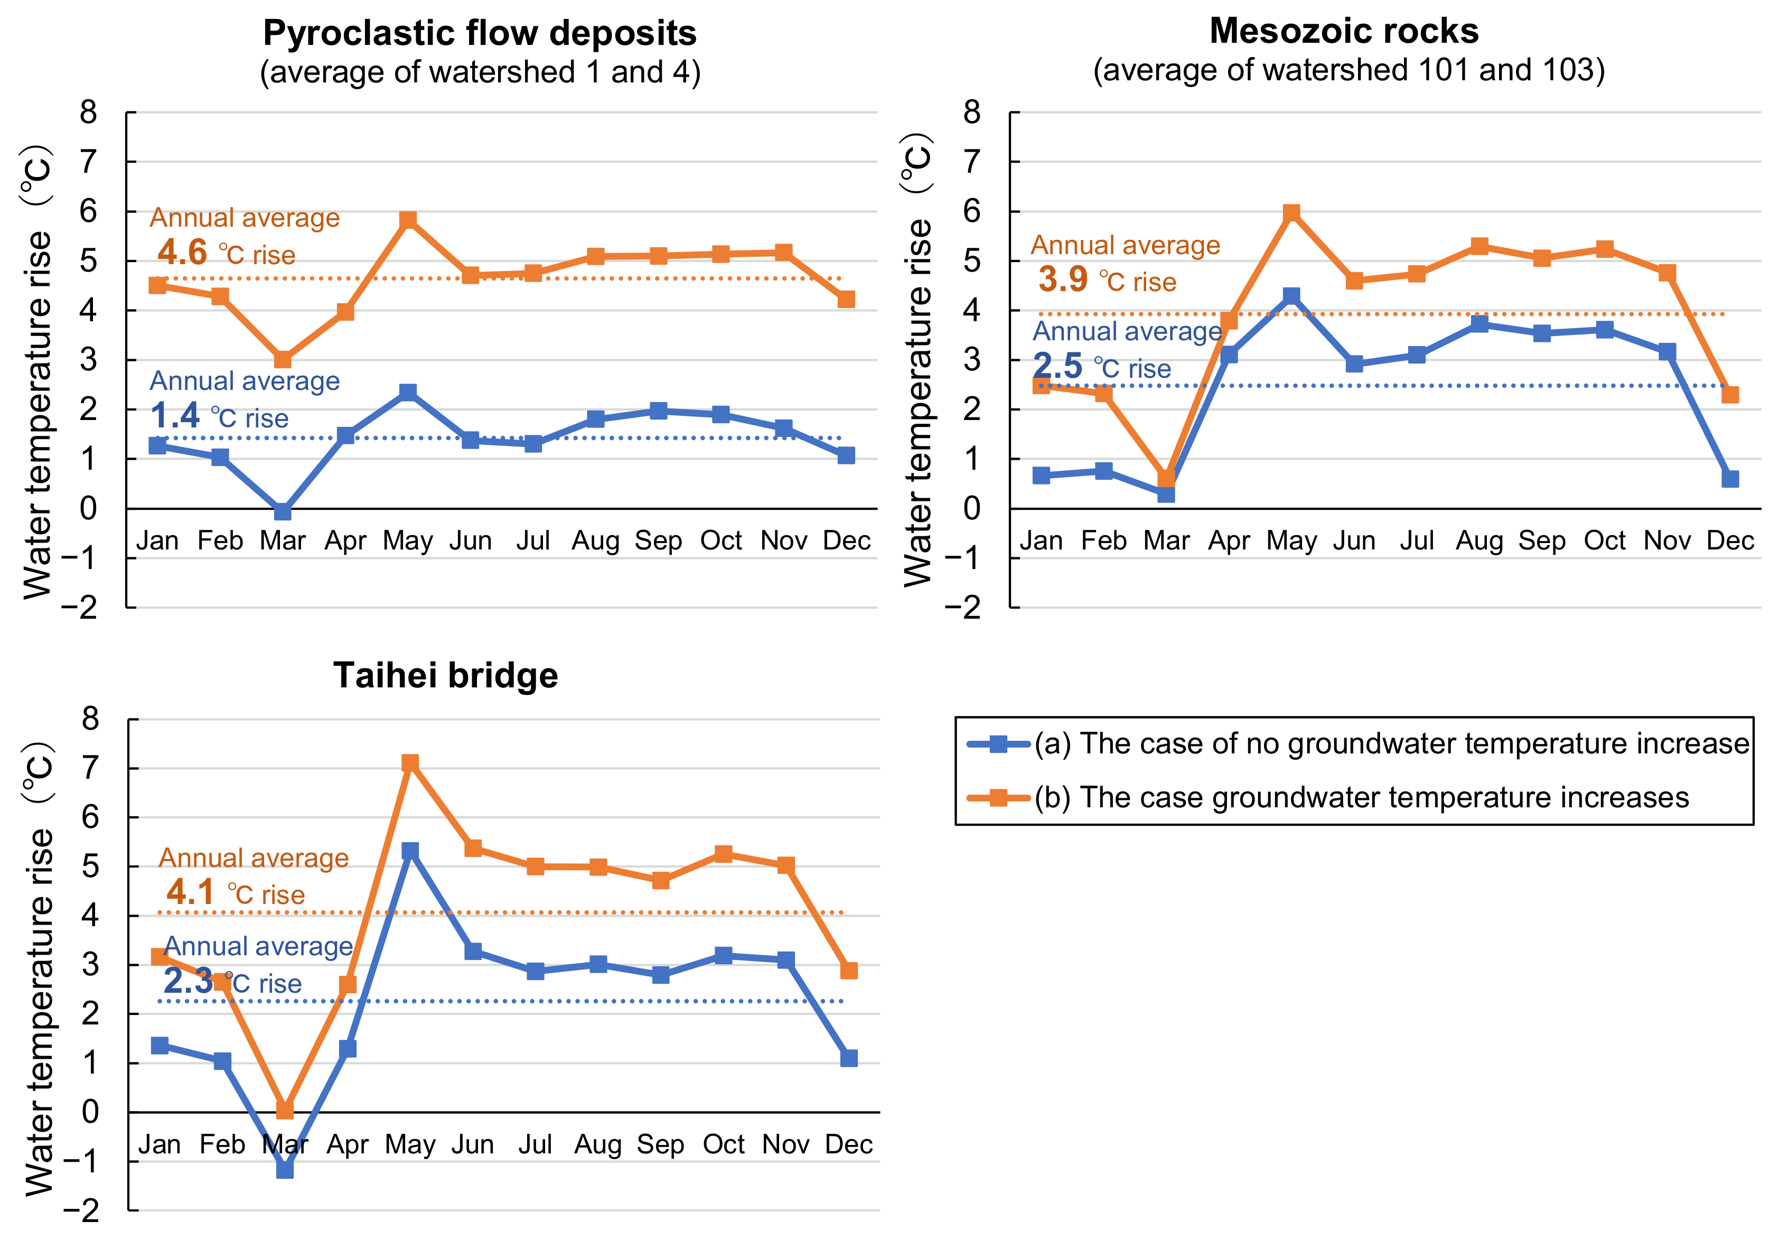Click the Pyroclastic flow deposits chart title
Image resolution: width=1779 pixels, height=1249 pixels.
[x=480, y=33]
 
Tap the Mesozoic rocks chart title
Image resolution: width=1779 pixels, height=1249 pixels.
[x=1344, y=31]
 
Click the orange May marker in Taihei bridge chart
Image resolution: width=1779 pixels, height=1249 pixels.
[x=410, y=763]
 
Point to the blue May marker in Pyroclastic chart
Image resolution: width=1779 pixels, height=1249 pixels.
[x=408, y=392]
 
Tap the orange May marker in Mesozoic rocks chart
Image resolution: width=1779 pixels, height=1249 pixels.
[x=1291, y=212]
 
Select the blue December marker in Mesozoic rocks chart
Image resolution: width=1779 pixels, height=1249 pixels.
[x=1729, y=479]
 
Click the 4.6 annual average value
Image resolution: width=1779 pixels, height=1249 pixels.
[x=182, y=253]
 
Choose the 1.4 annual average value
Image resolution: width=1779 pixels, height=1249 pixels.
[x=175, y=416]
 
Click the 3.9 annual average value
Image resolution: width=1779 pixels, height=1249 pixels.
[x=1063, y=279]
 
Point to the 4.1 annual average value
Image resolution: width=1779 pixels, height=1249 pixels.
[x=191, y=892]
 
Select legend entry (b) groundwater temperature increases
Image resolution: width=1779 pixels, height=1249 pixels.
[x=1361, y=797]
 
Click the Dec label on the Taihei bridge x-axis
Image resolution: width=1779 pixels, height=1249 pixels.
[x=848, y=1144]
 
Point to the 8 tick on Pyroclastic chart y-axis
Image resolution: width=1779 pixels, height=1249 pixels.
[x=89, y=113]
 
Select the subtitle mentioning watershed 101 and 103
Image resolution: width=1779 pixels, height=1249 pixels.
[x=1348, y=70]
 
